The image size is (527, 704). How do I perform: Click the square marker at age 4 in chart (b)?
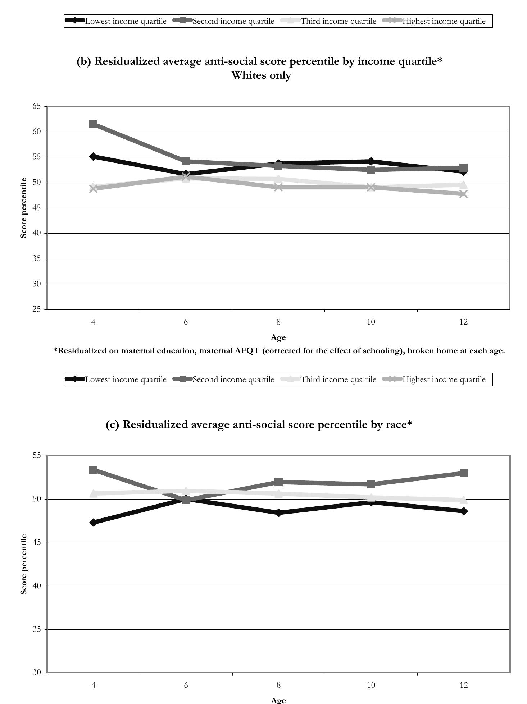point(93,124)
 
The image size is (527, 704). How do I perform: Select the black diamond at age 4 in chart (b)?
point(93,157)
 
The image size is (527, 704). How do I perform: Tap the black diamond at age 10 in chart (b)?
point(371,161)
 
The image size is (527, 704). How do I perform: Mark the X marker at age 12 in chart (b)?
point(463,194)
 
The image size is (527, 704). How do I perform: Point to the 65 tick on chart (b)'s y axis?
point(36,106)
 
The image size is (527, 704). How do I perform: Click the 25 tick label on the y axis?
point(36,309)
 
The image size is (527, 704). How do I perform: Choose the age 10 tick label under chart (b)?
point(371,322)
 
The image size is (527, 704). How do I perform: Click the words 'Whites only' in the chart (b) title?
point(261,75)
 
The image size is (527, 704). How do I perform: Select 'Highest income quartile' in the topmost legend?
point(444,21)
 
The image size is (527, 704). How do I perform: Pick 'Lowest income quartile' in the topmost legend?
point(126,21)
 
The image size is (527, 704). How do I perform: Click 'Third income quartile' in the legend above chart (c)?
point(338,379)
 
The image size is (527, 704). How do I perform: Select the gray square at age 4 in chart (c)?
point(93,470)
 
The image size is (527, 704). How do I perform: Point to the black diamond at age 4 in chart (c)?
point(93,522)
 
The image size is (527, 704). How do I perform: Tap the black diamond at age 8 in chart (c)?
point(278,513)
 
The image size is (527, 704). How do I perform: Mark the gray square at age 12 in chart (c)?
point(463,473)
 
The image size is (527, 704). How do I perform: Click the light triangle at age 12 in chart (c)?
point(463,500)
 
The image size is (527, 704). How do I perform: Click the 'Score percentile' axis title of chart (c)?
point(24,564)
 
